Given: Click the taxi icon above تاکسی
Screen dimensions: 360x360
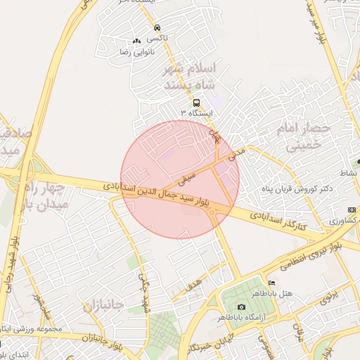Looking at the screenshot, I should [156, 28].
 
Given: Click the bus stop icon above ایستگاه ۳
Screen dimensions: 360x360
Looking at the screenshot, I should [195, 102].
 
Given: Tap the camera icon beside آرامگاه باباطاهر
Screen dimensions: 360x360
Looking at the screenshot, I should [241, 307].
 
